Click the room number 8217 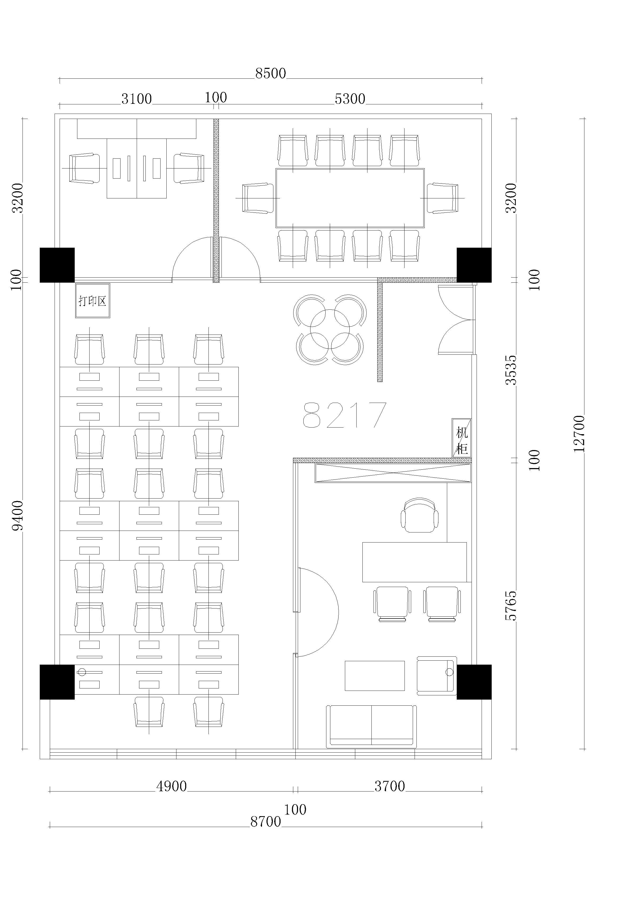345,415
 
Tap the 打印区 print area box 92,301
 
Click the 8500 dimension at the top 271,73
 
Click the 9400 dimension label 17,515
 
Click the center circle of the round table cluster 330,329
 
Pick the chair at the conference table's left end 258,198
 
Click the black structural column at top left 57,265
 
